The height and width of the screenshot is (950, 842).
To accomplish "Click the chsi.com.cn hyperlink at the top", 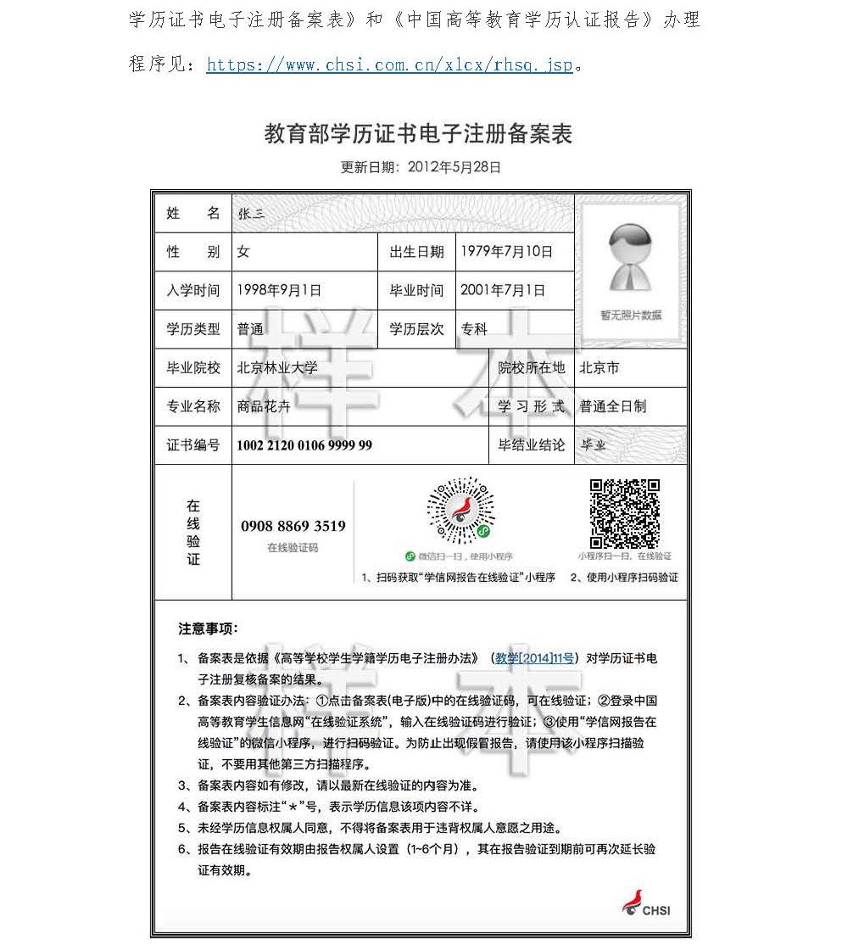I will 389,64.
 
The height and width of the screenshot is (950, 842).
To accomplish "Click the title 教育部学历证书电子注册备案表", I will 419,133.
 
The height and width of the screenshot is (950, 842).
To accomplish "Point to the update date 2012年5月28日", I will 454,167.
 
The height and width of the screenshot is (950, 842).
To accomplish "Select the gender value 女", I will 243,252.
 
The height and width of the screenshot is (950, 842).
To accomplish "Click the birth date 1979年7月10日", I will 506,251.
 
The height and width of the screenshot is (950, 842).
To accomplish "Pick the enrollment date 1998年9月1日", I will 279,290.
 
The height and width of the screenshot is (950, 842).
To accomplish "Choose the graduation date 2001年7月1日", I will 502,290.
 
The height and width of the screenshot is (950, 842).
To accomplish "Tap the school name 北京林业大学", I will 277,368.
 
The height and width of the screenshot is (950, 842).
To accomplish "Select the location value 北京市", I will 599,368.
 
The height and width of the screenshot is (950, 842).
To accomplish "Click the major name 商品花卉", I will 264,406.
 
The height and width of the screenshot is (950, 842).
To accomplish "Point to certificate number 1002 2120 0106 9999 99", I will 304,445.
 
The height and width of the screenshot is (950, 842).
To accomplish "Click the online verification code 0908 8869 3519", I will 293,526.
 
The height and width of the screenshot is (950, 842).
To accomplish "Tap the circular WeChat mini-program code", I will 460,511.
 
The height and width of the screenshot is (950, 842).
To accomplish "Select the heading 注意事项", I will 208,629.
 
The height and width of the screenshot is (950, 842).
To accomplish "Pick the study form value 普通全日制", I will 612,406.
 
